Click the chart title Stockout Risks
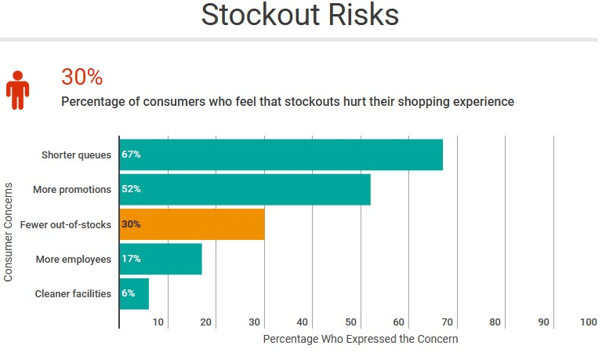click(300, 16)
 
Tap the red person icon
click(17, 89)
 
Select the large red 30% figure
click(82, 77)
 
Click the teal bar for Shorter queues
click(282, 155)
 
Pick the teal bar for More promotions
click(245, 189)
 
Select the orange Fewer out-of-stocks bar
click(192, 224)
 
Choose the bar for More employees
click(161, 259)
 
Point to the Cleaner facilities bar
click(134, 293)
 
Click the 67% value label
click(131, 155)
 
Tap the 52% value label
click(131, 189)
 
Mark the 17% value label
click(131, 259)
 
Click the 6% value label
click(129, 293)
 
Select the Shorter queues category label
click(76, 155)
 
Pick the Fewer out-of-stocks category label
click(65, 224)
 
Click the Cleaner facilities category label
click(73, 294)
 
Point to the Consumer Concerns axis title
click(9, 232)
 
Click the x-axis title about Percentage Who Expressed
click(360, 340)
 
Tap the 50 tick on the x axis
click(350, 322)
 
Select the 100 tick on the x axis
click(589, 322)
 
